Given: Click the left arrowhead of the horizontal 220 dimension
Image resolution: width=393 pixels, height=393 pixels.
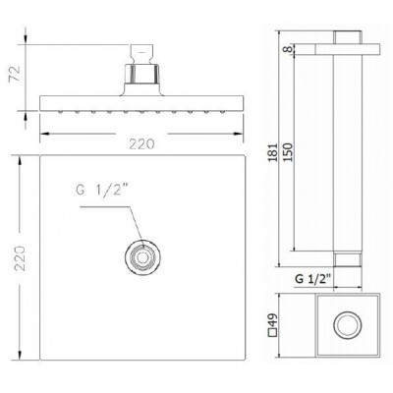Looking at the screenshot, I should pyautogui.click(x=42, y=135).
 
